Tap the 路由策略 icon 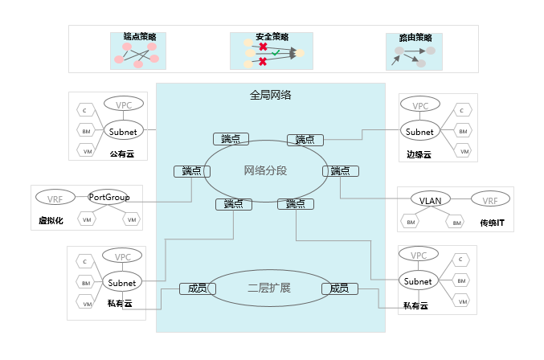(x=415, y=51)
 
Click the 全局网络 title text (x=270, y=95)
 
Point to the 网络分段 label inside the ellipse (x=265, y=170)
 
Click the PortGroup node (x=109, y=197)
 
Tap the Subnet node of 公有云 (x=122, y=131)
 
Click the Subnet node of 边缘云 (x=419, y=131)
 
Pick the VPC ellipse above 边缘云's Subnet (x=419, y=105)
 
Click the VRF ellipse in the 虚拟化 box (x=55, y=198)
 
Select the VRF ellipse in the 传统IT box (x=489, y=198)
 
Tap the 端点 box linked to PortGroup (x=191, y=171)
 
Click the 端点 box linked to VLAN (x=340, y=171)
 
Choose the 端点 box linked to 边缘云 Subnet (x=305, y=139)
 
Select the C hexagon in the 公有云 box (x=84, y=109)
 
